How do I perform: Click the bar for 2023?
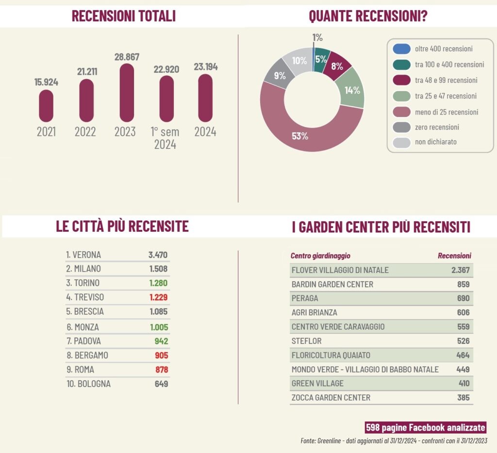[127, 93]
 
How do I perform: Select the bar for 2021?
[46, 106]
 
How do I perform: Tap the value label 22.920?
[166, 69]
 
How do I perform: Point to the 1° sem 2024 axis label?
[165, 138]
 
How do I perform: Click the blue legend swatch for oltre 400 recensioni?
[401, 49]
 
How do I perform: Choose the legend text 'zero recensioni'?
[437, 127]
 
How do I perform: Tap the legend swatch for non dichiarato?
[401, 142]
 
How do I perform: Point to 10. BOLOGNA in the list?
[88, 384]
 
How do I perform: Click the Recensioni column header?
[454, 256]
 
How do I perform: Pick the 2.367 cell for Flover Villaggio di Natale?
[460, 270]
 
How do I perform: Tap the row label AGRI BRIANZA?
[314, 313]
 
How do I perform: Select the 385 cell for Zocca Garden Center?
[463, 398]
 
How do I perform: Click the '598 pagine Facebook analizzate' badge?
[425, 427]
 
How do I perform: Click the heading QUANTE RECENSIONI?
[368, 16]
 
